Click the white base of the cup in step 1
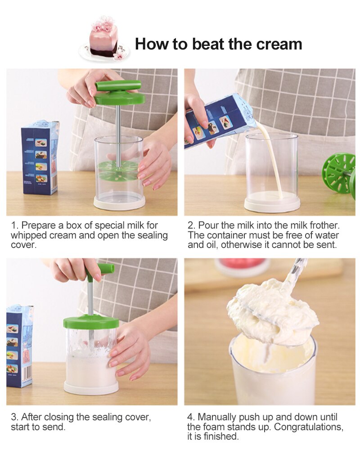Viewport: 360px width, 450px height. (119, 202)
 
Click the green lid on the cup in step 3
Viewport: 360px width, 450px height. (91, 322)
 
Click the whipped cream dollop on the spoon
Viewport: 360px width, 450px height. (270, 310)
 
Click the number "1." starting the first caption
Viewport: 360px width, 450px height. (14, 225)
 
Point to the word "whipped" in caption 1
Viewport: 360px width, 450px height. (27, 235)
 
